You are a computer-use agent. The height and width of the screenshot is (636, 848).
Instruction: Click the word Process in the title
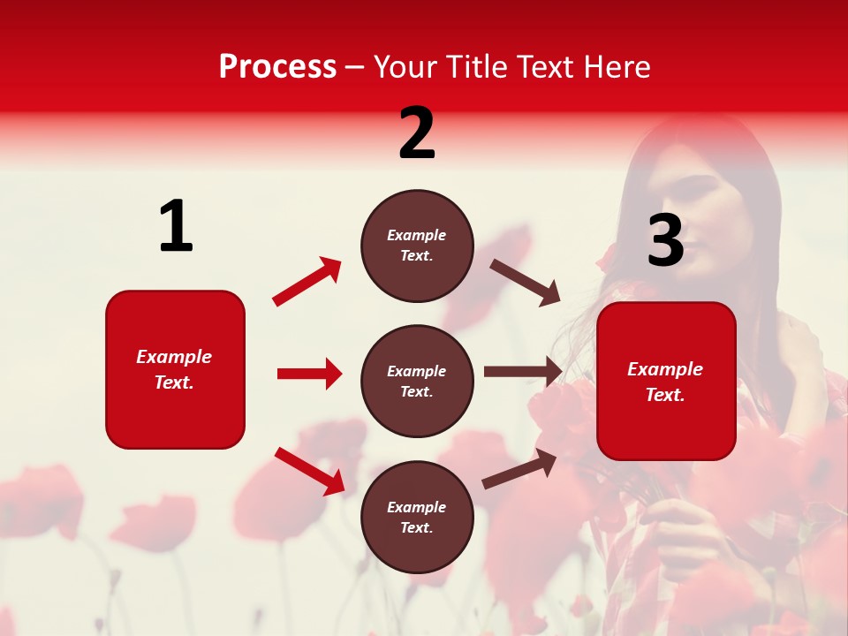click(x=277, y=67)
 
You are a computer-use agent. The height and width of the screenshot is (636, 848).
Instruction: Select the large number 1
click(x=176, y=227)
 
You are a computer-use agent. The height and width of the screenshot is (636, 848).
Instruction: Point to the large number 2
click(x=417, y=134)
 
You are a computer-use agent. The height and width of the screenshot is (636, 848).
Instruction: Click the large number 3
click(x=665, y=241)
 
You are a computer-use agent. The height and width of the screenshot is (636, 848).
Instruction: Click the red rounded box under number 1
click(x=175, y=369)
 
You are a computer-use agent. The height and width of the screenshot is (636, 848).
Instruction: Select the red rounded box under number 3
click(x=666, y=382)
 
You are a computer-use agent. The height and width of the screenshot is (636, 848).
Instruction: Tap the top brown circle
click(x=417, y=246)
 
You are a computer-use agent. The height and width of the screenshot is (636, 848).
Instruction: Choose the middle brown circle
click(x=417, y=382)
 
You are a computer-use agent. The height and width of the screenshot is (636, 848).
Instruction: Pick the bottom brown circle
click(x=417, y=518)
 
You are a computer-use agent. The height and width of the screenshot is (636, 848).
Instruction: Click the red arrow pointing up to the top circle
click(x=307, y=282)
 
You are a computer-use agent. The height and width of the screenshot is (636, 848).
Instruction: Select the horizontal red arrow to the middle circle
click(x=309, y=374)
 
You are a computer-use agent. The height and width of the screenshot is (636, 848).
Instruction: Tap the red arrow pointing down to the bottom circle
click(x=309, y=471)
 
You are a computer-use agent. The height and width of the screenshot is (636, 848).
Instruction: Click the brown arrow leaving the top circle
click(x=526, y=283)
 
